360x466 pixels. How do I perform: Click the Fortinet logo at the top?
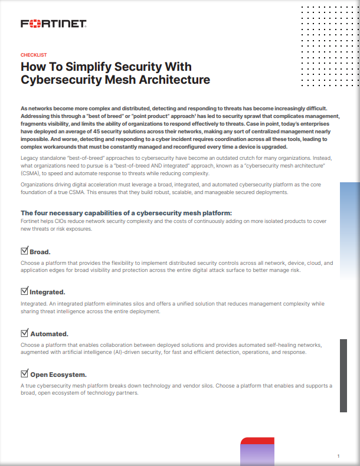point(54,24)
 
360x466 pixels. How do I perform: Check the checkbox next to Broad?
point(24,251)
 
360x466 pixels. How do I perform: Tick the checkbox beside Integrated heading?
point(24,291)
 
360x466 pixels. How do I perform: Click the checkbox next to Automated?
point(24,333)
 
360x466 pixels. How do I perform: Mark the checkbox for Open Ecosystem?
point(24,373)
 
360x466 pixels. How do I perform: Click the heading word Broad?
point(40,252)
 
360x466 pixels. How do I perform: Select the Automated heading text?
point(49,333)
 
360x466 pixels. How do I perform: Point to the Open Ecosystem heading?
point(58,374)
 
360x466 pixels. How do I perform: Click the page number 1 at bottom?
point(338,456)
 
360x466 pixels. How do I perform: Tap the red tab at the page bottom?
point(257,441)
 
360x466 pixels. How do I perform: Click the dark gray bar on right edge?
point(343,375)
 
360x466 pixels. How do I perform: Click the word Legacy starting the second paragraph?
point(30,159)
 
